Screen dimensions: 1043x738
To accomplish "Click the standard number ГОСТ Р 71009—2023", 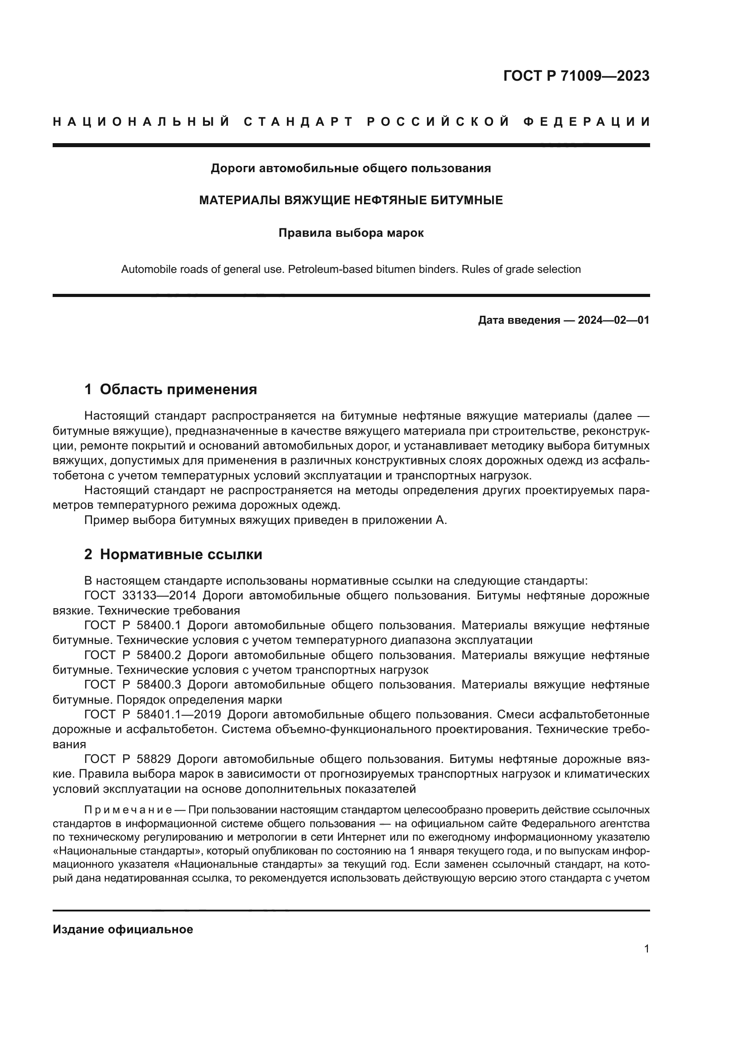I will click(576, 76).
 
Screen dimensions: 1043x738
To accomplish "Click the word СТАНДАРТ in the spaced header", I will click(299, 122).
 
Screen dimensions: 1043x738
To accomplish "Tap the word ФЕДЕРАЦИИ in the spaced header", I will click(587, 122).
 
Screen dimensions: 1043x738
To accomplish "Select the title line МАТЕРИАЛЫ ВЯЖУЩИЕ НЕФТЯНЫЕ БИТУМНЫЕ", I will click(351, 200).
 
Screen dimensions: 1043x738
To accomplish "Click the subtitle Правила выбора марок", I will click(351, 233).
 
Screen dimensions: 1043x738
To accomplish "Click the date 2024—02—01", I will click(613, 320).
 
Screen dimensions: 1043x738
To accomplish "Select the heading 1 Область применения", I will click(171, 389).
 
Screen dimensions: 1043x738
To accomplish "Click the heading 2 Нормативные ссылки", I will click(173, 554).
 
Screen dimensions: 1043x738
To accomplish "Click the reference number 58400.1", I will click(158, 626).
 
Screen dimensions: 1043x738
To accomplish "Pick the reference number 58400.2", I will click(158, 655).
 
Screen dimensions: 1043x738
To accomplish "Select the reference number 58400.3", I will click(158, 684).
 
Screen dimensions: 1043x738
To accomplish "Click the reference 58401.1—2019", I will click(178, 714).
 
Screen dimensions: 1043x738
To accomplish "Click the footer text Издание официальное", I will click(123, 929).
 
